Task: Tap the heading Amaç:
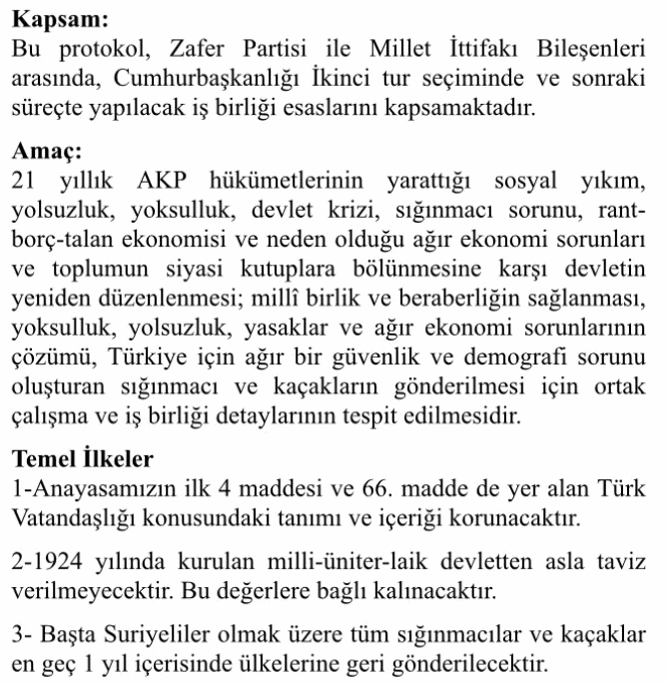click(x=48, y=155)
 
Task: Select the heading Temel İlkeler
click(x=83, y=460)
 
